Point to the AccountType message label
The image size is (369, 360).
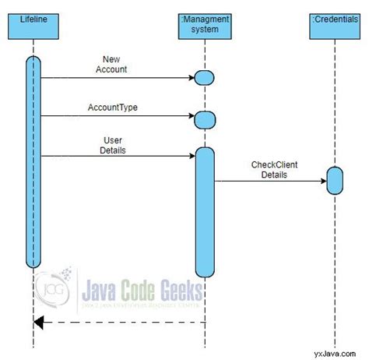114,106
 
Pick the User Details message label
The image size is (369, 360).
114,144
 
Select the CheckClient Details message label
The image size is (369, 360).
274,170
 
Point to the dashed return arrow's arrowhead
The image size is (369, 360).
37,322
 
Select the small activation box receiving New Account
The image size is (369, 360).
204,77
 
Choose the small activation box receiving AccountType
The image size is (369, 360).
204,119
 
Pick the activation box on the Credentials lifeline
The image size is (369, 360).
335,181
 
